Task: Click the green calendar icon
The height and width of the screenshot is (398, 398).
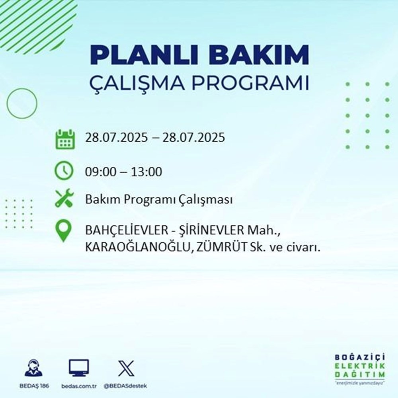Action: click(x=64, y=139)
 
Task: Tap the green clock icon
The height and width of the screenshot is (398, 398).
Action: click(x=64, y=172)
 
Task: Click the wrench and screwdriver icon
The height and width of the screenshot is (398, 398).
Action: click(x=64, y=198)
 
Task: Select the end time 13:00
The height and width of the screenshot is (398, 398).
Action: click(x=149, y=172)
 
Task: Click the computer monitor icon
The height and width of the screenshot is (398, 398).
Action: click(x=79, y=368)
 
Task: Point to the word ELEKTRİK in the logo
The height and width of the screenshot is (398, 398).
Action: click(x=360, y=366)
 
